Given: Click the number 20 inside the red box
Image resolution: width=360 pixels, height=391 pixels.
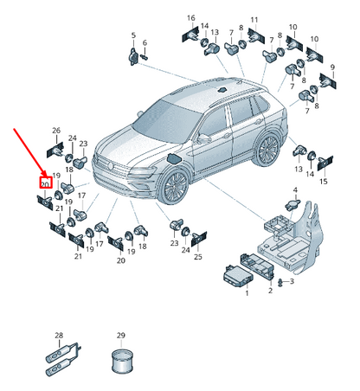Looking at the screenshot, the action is pos(45,184).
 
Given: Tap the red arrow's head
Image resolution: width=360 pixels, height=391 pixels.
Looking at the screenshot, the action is pos(44,174).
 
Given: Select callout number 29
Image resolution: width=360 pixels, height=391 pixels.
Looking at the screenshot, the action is pos(121,336).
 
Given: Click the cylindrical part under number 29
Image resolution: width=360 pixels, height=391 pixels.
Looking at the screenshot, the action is pos(122,362).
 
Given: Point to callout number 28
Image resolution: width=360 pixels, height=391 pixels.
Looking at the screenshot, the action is pos(59,336).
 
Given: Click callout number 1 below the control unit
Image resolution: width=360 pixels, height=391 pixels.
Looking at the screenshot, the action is pos(247,293).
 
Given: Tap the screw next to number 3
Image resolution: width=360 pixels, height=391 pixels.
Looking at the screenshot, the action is pos(280,282).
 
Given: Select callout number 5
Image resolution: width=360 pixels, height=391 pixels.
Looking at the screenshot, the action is pos(133,35).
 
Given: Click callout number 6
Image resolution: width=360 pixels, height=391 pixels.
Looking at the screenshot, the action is pos(145,42).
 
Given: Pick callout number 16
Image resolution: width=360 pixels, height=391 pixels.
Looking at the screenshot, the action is pos(191,18).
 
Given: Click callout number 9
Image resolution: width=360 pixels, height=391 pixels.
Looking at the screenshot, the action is pos(332,67).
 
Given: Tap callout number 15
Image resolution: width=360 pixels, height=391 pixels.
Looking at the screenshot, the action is pos(324,182).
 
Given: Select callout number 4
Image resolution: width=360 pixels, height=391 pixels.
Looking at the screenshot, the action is pos(295,190).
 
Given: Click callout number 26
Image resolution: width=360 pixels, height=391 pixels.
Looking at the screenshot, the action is pos(56,131).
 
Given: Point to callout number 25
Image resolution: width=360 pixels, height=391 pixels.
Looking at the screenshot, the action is pos(198,257).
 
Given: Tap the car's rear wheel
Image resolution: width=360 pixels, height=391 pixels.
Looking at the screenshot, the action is pos(267,149).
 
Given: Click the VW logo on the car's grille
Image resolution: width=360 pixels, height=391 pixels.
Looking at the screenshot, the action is pos(110,166).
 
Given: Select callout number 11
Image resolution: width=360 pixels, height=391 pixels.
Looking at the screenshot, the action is pos(254,20).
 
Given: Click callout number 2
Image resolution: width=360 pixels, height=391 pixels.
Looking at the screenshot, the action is pos(270,291).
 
